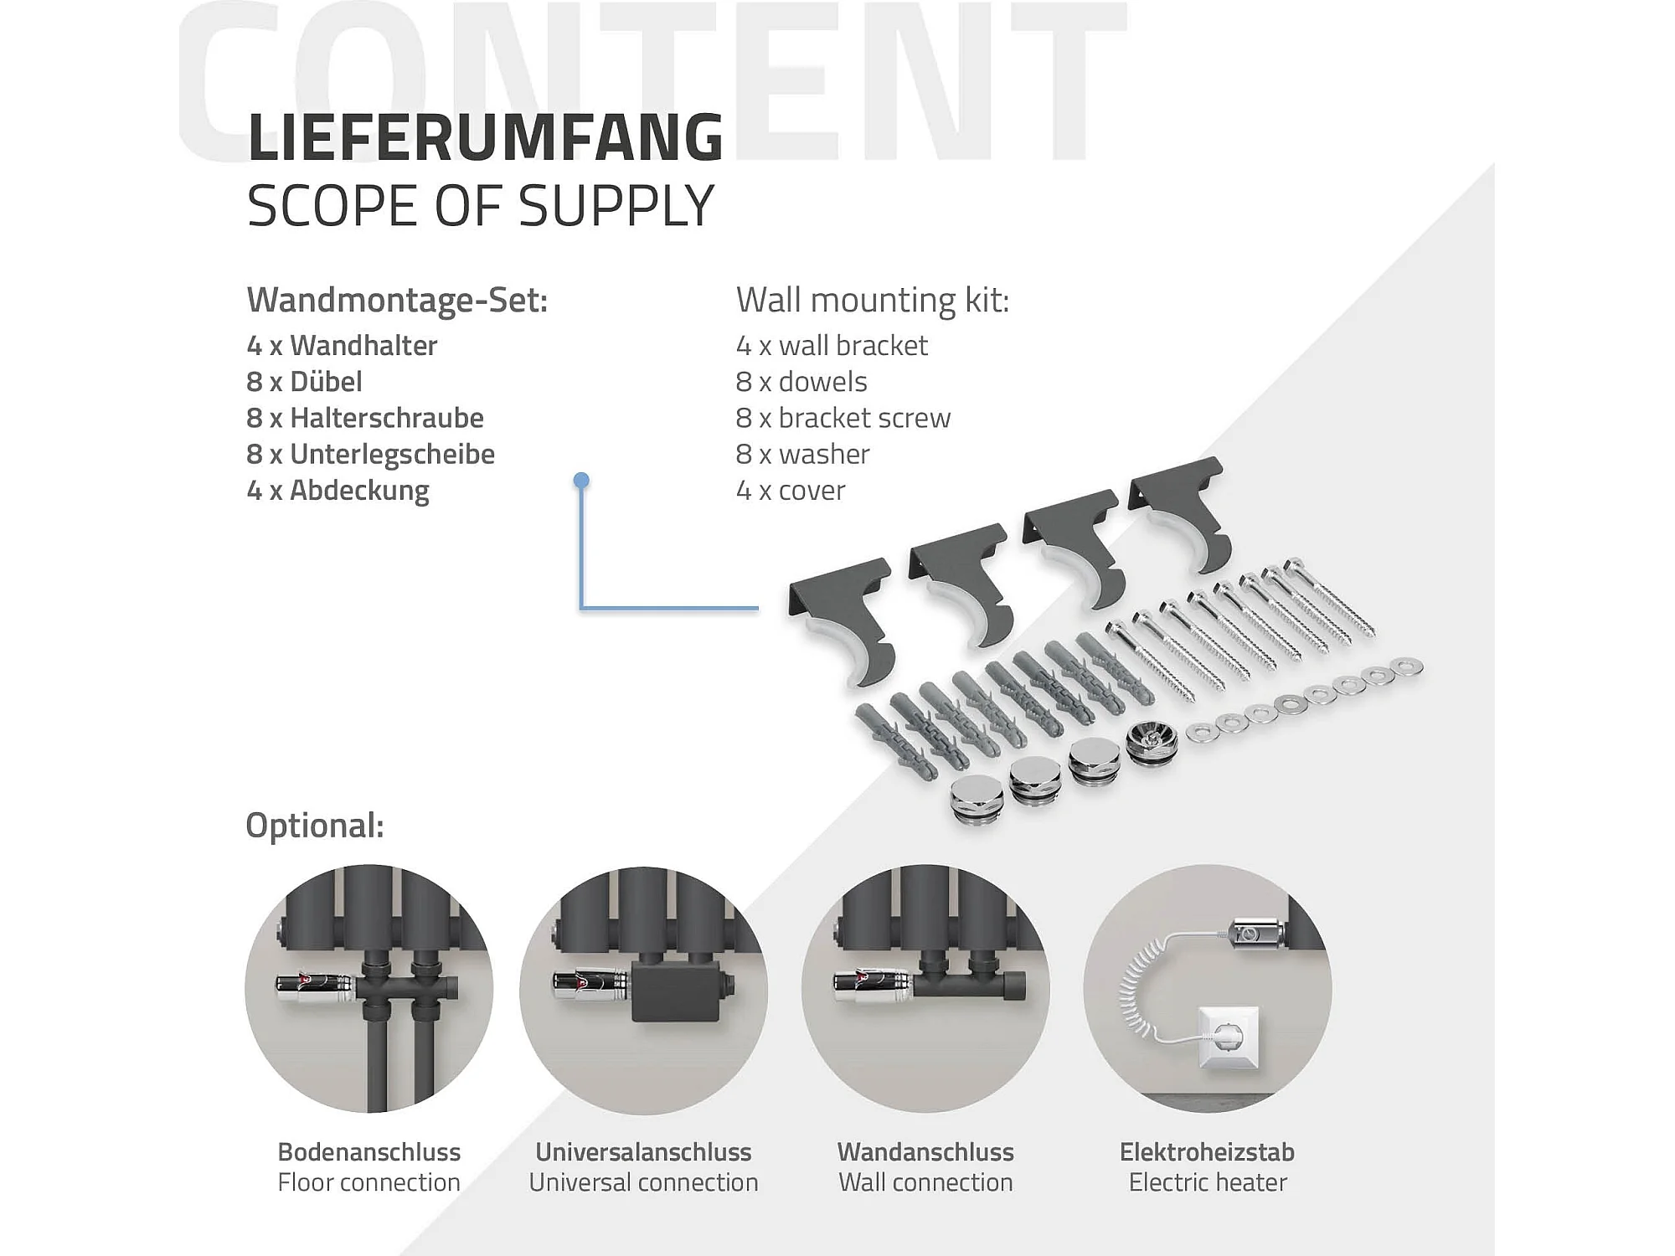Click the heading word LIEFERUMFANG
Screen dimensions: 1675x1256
tap(486, 136)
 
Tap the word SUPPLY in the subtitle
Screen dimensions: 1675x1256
tap(616, 206)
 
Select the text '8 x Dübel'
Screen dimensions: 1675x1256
tap(304, 382)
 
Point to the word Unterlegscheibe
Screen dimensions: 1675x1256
tap(392, 454)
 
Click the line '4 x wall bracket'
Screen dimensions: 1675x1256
tap(832, 345)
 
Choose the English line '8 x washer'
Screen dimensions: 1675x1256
tap(802, 454)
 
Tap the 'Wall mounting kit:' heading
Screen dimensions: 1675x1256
tap(873, 300)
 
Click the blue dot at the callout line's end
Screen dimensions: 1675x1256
tap(581, 481)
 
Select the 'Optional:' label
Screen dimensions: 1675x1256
tap(315, 826)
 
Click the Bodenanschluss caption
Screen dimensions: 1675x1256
tap(368, 1152)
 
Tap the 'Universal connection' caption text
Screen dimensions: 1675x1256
tap(643, 1182)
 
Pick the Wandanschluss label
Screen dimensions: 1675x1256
tap(925, 1152)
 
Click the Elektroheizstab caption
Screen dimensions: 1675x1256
tap(1207, 1152)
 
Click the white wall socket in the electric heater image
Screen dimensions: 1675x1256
tap(1229, 1038)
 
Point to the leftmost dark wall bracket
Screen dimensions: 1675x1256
tap(841, 620)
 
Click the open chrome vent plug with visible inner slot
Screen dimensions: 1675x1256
tap(1152, 741)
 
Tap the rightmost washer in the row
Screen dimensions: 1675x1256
tap(1406, 667)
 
